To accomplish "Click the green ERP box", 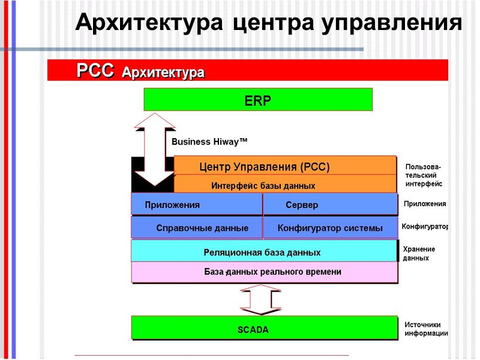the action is [x=258, y=100].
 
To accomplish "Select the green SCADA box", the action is [x=264, y=328].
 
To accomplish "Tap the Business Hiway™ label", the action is [x=209, y=142].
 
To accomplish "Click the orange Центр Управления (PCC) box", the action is [x=285, y=166].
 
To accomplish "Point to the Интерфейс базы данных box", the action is [x=285, y=185].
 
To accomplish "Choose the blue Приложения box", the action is [x=197, y=205].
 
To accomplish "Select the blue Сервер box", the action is [x=330, y=205].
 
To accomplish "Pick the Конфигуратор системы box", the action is [x=330, y=228].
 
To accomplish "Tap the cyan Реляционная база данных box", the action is [x=264, y=251].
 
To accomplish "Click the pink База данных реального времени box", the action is [x=264, y=272].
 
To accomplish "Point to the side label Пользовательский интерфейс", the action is [x=424, y=175].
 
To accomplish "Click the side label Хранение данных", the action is [x=419, y=253].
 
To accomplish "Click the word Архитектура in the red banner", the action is [x=163, y=73].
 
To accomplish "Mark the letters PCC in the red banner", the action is [x=95, y=71].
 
